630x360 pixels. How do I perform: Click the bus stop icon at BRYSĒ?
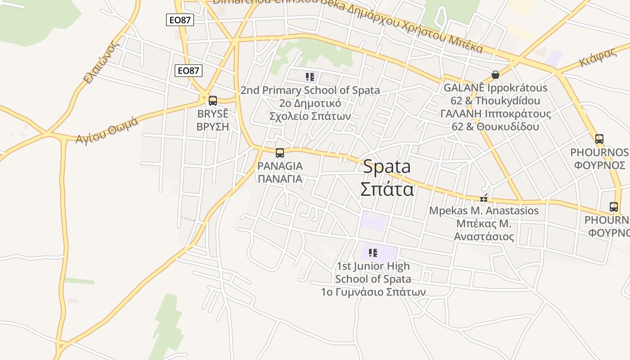(213, 101)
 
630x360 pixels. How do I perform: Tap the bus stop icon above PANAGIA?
(280, 153)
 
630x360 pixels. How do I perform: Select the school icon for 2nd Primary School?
(310, 77)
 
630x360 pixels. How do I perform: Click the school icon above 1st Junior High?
(373, 253)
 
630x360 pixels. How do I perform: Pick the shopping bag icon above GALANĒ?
(495, 75)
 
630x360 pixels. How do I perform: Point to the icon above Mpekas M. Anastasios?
(484, 198)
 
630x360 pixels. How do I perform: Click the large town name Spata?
(387, 167)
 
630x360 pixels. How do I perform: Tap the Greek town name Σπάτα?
(387, 189)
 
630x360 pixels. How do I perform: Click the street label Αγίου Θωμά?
(107, 129)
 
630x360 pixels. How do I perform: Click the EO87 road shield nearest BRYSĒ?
(189, 70)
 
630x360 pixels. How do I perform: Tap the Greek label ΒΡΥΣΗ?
(213, 126)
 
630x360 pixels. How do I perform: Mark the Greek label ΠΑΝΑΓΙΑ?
(280, 179)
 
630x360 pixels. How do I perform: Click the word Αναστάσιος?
(484, 236)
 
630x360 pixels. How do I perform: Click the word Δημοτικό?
(310, 103)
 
